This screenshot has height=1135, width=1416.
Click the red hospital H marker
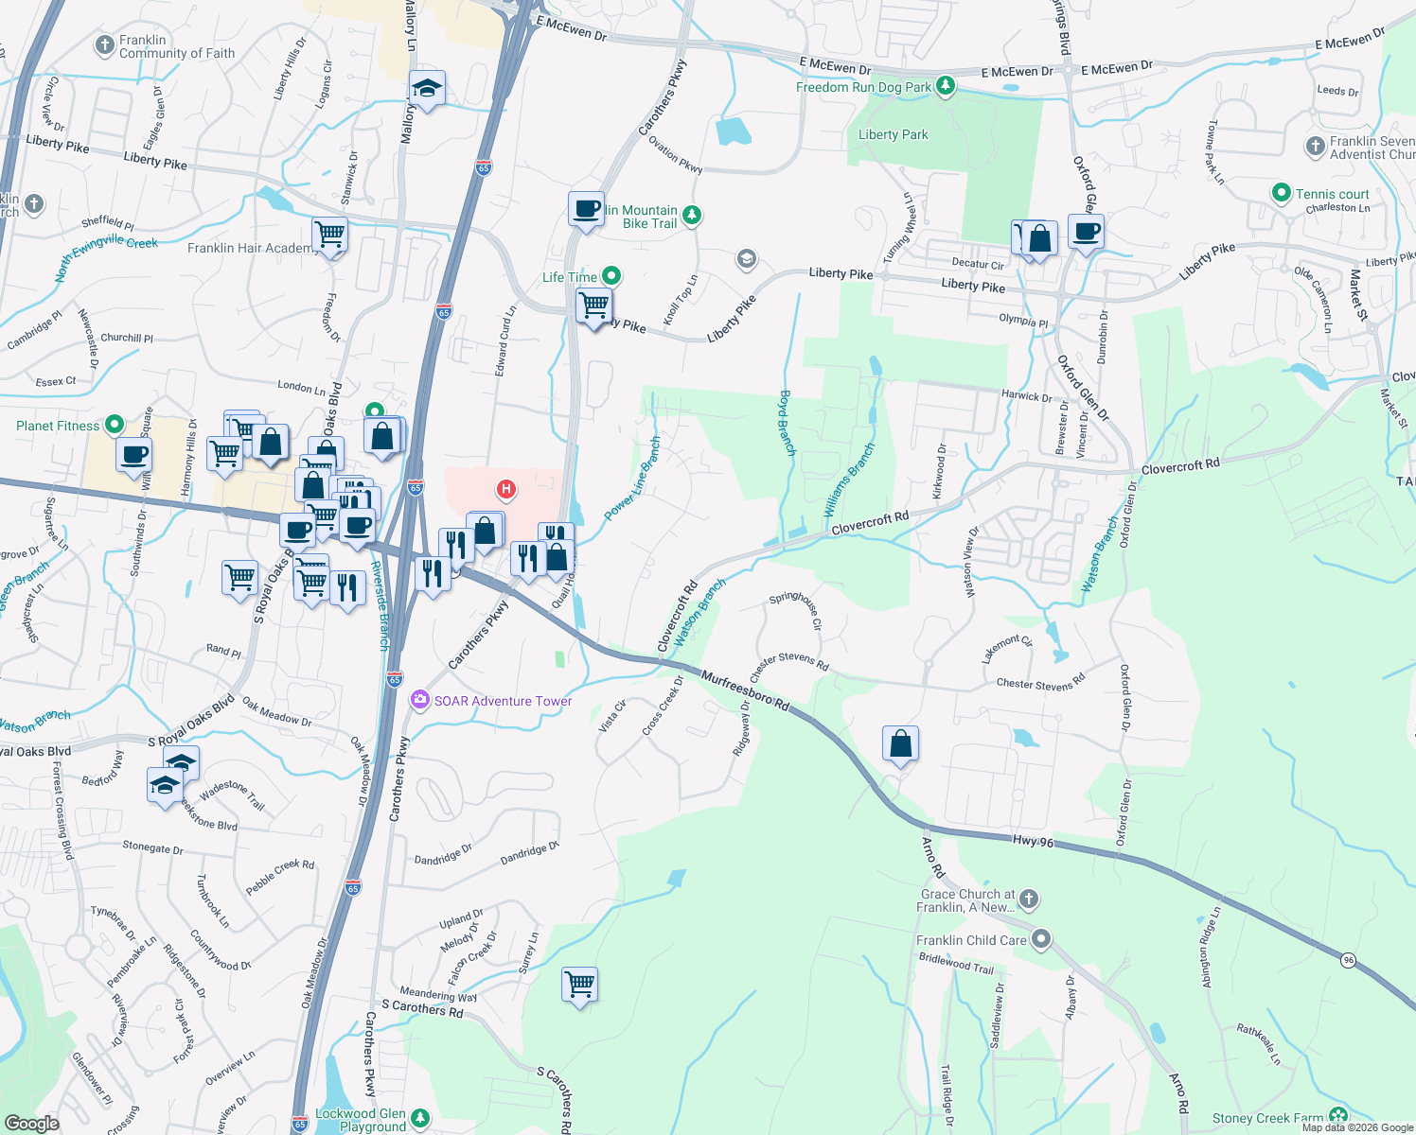pos(506,489)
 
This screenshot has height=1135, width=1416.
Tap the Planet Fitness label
pos(58,426)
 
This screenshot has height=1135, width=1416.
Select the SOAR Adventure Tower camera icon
pos(419,700)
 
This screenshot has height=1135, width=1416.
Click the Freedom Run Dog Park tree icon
pos(945,87)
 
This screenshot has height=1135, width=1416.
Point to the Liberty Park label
pos(893,134)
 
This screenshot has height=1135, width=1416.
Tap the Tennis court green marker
pos(1281,193)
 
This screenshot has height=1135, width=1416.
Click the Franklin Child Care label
pos(971,940)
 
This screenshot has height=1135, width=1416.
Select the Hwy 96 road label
pos(1033,841)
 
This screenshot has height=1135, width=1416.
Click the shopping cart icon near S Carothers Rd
pos(579,984)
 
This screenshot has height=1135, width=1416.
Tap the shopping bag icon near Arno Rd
pos(900,743)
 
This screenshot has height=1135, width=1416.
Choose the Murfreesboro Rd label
pos(745,690)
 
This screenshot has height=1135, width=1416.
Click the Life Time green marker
pos(611,276)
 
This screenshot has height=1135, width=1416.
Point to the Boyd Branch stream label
pos(787,423)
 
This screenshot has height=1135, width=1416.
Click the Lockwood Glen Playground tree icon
pos(419,1118)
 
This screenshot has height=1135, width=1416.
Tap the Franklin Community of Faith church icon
pos(105,44)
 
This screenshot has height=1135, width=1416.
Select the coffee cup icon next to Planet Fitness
pos(134,454)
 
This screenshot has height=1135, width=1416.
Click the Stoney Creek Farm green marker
pos(1337,1116)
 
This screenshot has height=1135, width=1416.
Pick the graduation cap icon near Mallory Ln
pos(427,89)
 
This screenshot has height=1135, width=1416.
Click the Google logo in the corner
pos(31,1123)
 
